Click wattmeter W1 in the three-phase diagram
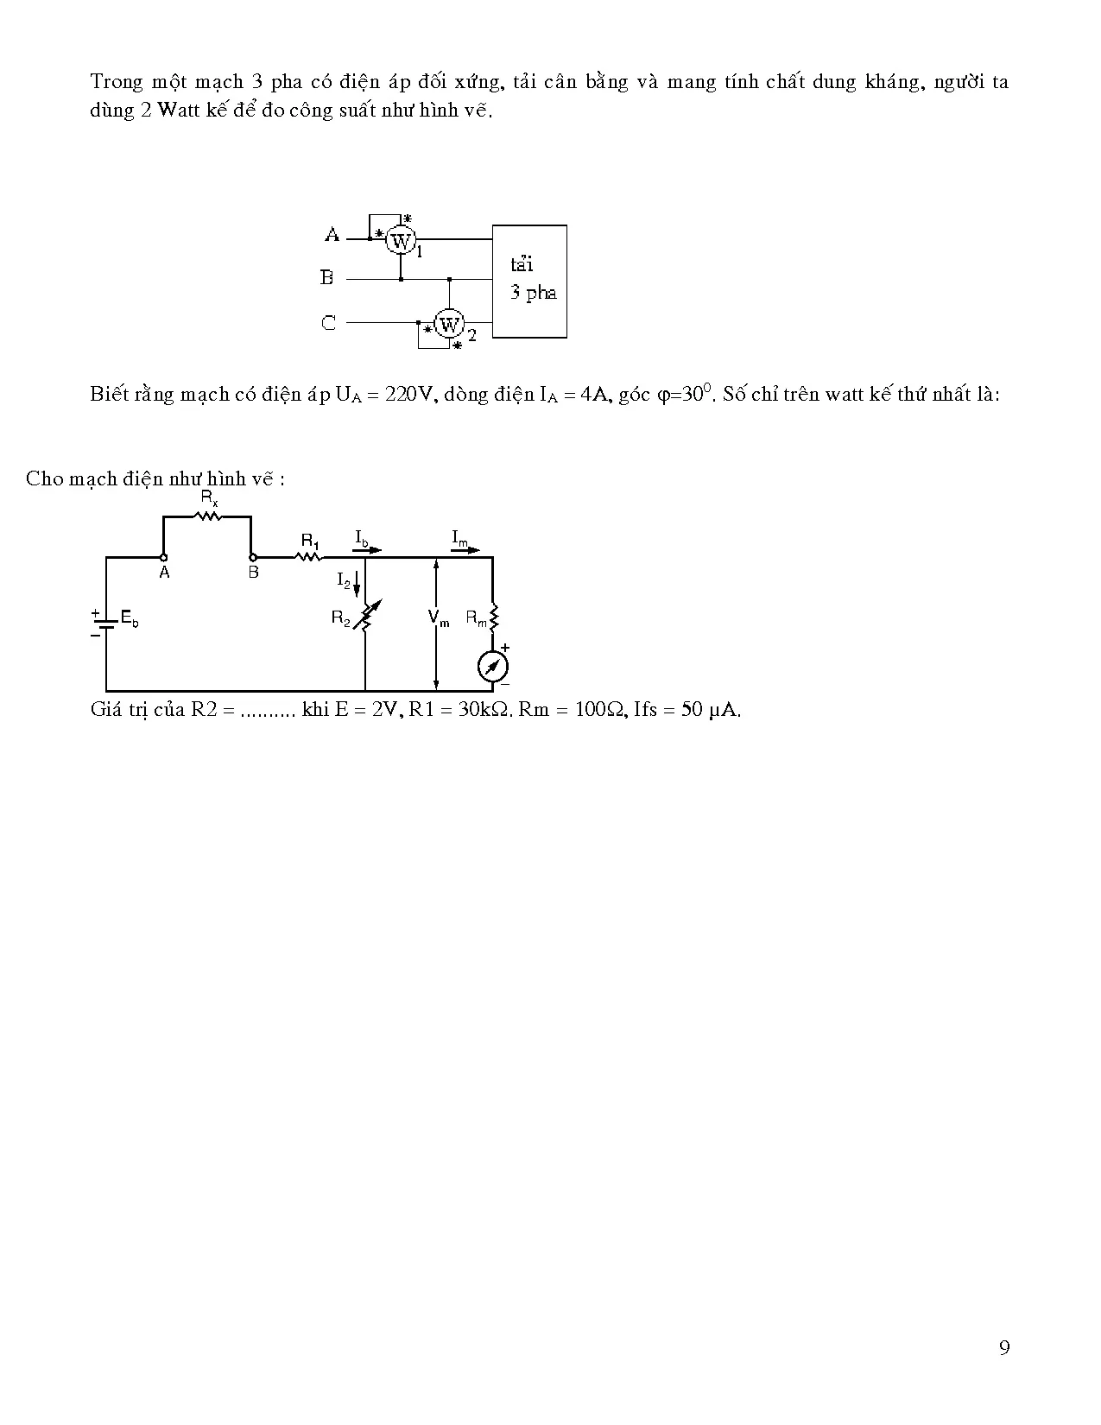point(400,241)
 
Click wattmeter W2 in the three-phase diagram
point(449,324)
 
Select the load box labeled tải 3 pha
point(530,282)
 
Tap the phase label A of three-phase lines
point(332,235)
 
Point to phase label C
point(328,323)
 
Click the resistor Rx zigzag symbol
point(209,516)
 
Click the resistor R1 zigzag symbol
point(308,557)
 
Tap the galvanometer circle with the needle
point(493,667)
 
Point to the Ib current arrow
point(369,550)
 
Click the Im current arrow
point(465,550)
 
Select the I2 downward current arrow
point(357,584)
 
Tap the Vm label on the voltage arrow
point(438,617)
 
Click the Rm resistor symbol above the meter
point(494,617)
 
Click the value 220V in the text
point(409,394)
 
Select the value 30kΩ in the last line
point(484,710)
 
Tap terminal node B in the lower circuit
point(252,557)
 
